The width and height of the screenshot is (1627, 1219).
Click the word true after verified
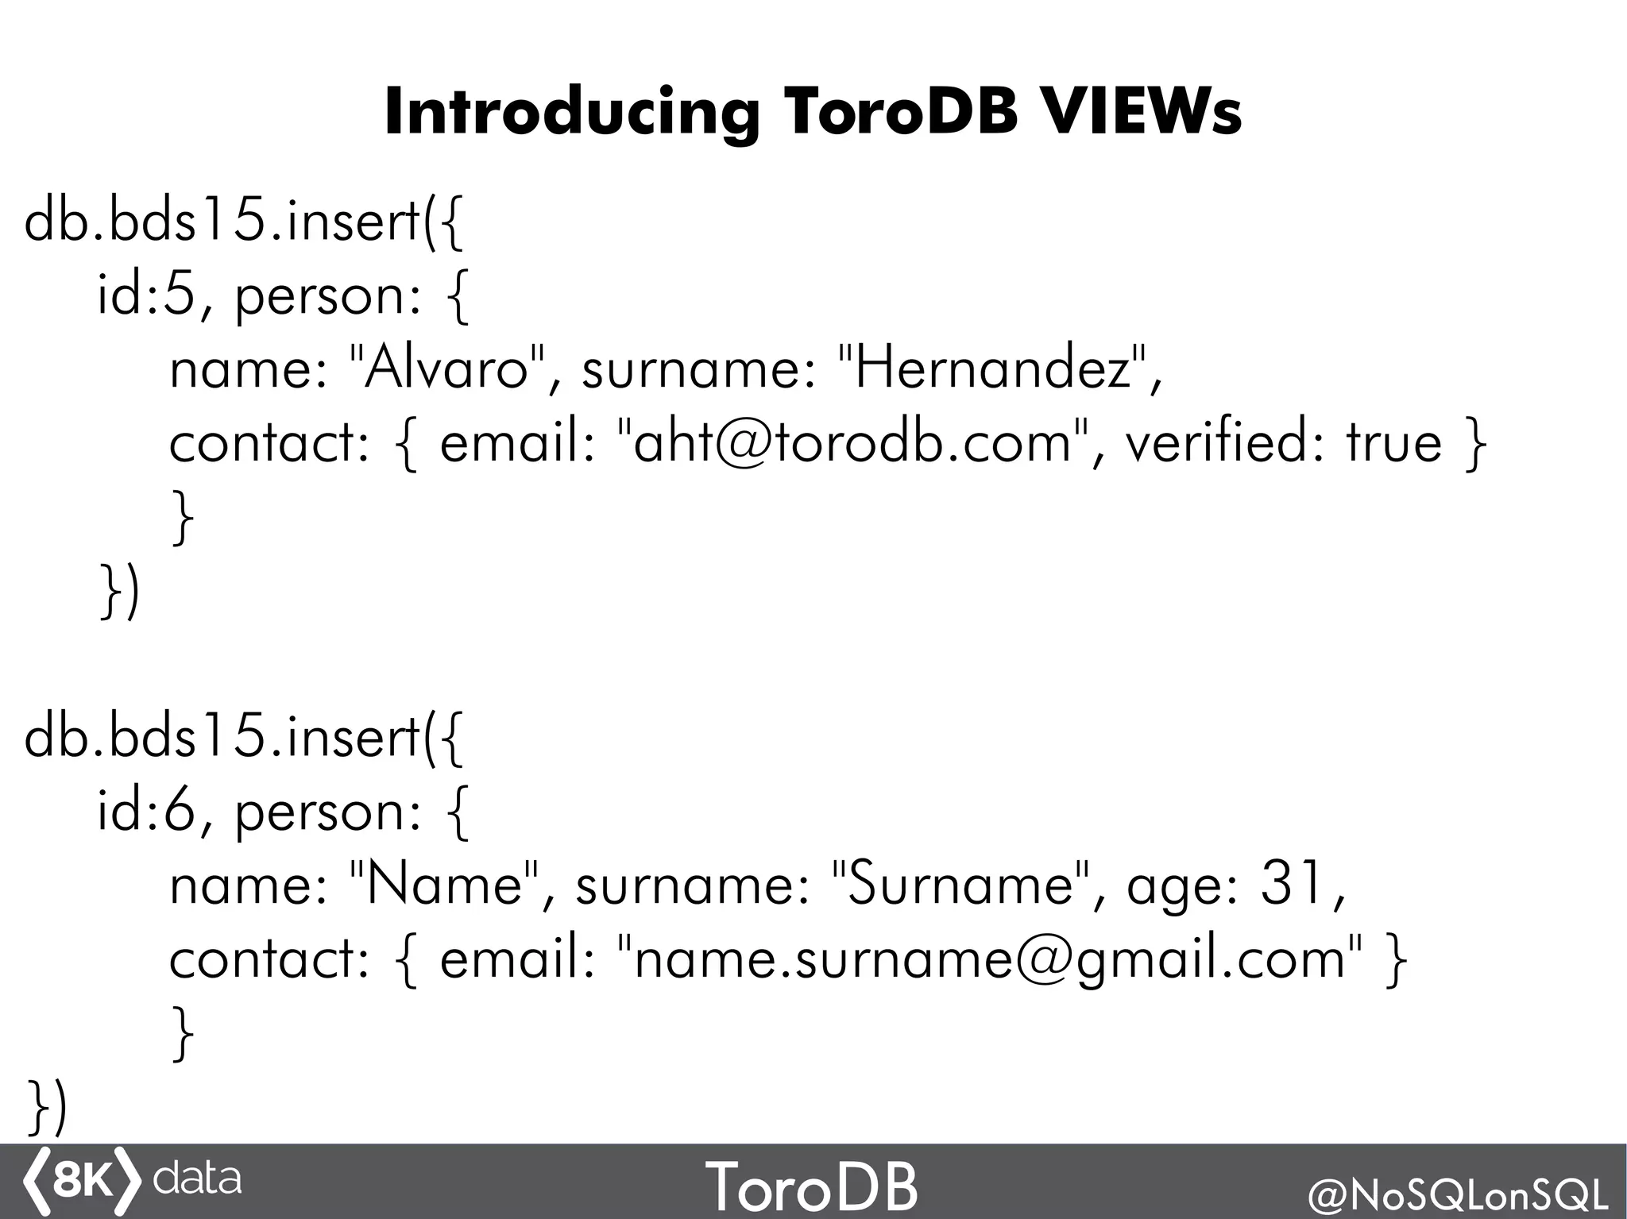coord(1393,442)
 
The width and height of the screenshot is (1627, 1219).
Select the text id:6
coord(146,811)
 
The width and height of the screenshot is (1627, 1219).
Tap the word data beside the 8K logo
coord(196,1179)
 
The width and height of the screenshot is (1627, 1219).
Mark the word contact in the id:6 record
coord(269,959)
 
